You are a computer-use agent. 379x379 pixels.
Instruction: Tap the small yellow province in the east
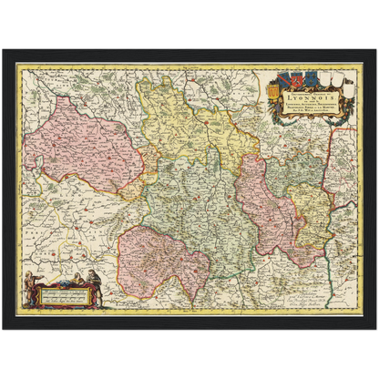314,210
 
